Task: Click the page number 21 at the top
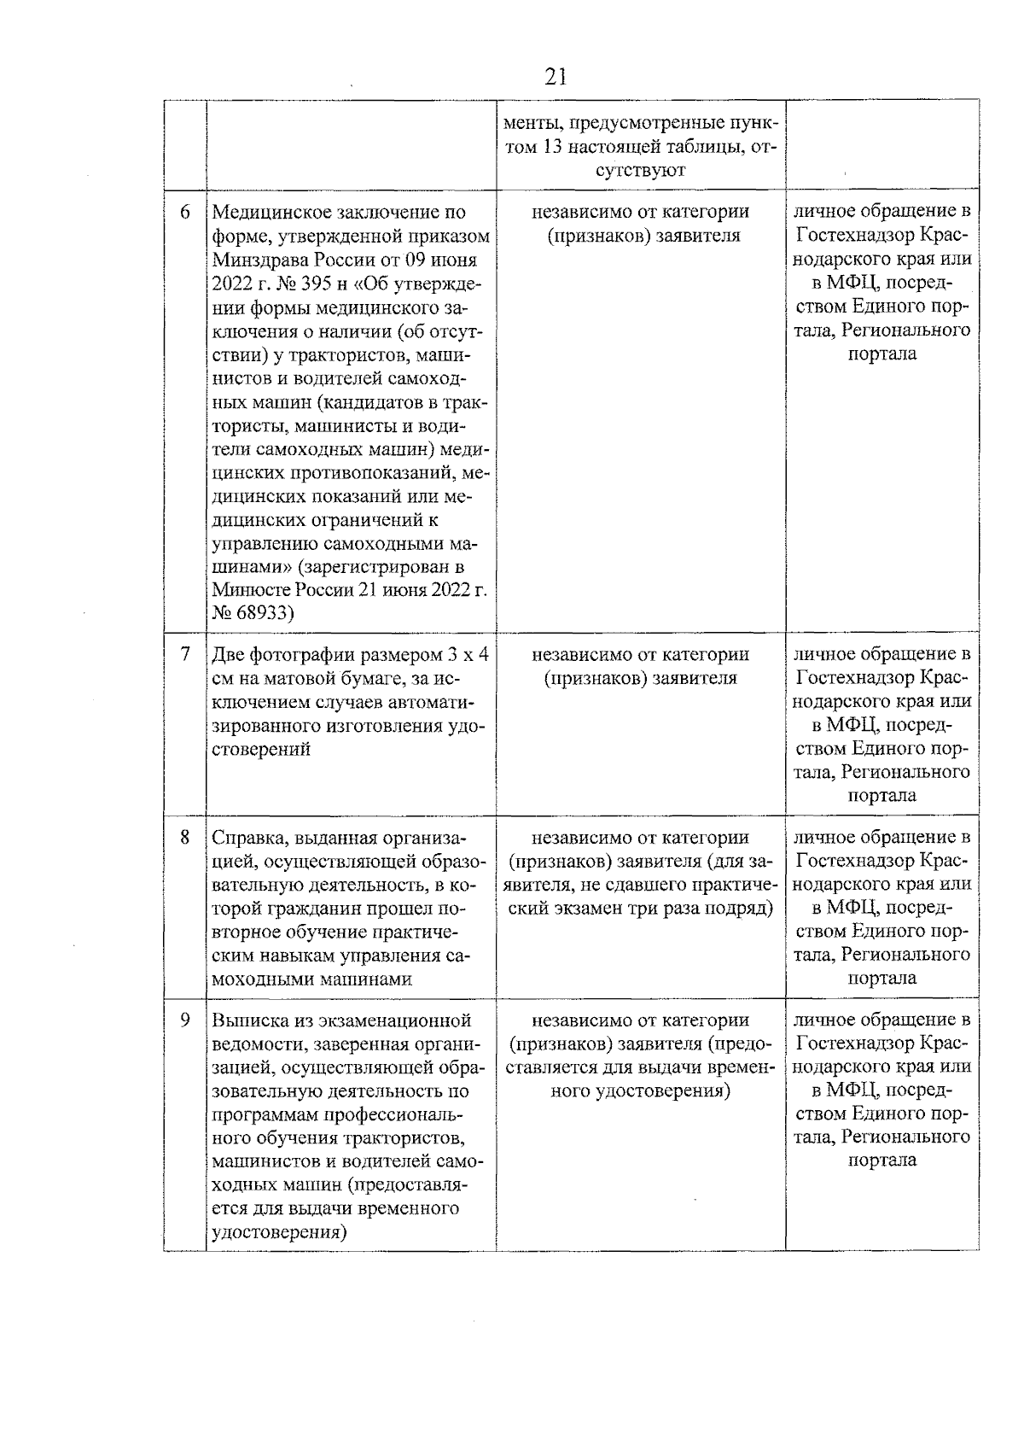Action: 555,78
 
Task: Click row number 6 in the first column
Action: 185,212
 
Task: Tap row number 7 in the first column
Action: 185,654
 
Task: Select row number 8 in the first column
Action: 185,838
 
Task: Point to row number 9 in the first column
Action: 185,1020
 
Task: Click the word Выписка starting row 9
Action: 247,1020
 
